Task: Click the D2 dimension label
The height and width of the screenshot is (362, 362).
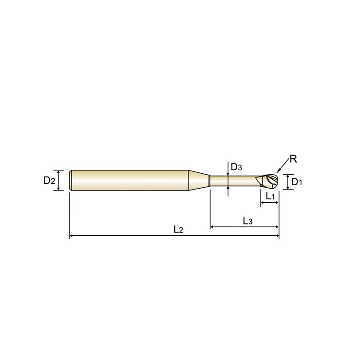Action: pyautogui.click(x=49, y=180)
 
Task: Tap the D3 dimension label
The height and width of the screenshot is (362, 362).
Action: pyautogui.click(x=236, y=167)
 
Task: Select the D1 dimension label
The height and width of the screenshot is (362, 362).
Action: pyautogui.click(x=297, y=182)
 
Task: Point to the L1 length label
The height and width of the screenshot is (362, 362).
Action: pyautogui.click(x=270, y=196)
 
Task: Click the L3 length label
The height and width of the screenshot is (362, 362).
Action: pyautogui.click(x=248, y=221)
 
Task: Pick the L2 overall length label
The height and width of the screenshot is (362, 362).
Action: pyautogui.click(x=178, y=229)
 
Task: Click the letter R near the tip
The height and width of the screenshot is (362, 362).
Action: pyautogui.click(x=293, y=159)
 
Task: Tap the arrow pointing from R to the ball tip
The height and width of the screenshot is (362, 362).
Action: pyautogui.click(x=282, y=166)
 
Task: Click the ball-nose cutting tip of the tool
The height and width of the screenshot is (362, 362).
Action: pyautogui.click(x=267, y=181)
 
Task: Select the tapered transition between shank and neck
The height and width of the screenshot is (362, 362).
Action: pyautogui.click(x=199, y=180)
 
